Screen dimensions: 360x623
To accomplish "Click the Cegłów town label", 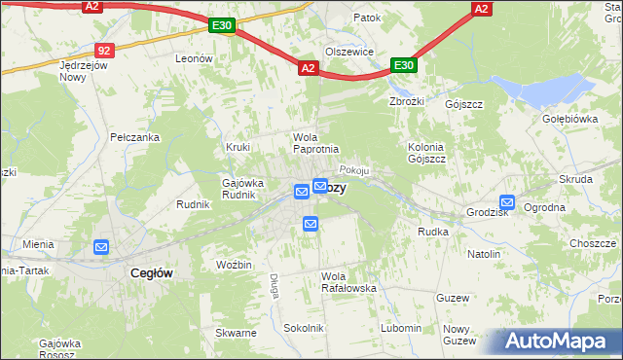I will pos(151,273).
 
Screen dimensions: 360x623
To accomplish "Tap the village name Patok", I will pos(367,18).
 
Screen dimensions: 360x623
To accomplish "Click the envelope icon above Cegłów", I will pos(102,247).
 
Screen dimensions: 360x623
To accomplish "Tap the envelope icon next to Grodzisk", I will pos(506,202).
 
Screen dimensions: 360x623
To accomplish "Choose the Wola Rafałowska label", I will pos(348,281).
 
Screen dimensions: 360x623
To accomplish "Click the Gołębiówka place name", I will pos(568,119).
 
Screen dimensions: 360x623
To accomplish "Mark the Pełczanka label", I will pos(134,137).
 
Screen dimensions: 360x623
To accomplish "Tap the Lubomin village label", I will pos(401,328).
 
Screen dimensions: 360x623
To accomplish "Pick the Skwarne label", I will pos(236,333).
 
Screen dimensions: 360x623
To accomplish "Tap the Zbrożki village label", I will pos(408,100).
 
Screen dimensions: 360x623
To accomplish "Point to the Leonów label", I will pos(194,58).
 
